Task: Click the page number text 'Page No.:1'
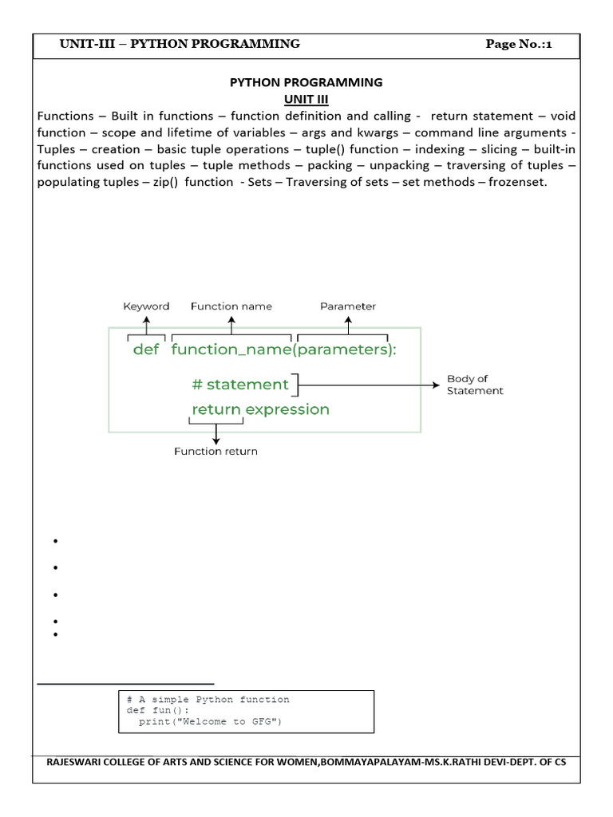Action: [519, 44]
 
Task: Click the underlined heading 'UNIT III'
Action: [306, 99]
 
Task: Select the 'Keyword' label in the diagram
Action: [146, 306]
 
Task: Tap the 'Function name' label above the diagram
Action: [231, 306]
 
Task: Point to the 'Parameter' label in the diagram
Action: [348, 306]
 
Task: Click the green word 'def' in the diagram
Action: [146, 350]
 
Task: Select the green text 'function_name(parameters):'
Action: [283, 350]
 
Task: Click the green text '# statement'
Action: [240, 385]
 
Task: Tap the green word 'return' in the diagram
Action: [216, 409]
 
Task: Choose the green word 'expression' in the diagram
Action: [287, 409]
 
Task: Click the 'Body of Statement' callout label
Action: [474, 385]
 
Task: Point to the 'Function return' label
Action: [216, 452]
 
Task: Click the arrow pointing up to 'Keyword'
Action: [146, 323]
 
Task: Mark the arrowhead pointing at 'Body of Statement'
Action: [436, 385]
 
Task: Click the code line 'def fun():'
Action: [159, 710]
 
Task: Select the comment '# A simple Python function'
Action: [208, 700]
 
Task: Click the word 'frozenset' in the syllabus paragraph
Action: [520, 183]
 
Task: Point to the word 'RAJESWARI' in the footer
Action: [75, 762]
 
